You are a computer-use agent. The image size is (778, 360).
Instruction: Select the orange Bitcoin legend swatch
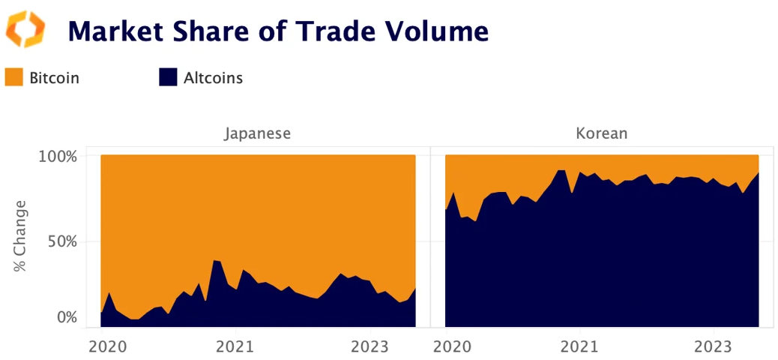click(x=13, y=77)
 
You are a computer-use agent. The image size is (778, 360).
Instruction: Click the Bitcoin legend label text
click(x=54, y=77)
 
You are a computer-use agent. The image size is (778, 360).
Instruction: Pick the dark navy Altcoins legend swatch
click(x=168, y=77)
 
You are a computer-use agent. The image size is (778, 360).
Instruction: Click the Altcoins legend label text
click(x=213, y=77)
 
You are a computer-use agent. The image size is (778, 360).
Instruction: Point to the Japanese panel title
click(x=257, y=134)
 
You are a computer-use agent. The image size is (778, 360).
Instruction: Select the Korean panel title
click(x=601, y=134)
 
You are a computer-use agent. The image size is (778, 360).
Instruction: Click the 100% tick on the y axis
click(x=58, y=157)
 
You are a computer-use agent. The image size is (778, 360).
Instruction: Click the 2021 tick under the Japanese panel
click(x=235, y=346)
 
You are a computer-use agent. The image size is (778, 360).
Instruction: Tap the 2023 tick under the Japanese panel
click(x=370, y=346)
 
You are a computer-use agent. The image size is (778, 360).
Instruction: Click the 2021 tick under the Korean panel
click(x=579, y=346)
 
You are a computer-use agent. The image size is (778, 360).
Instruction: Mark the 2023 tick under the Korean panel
click(x=714, y=346)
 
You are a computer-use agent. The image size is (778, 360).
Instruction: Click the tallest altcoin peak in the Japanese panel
click(x=214, y=261)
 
